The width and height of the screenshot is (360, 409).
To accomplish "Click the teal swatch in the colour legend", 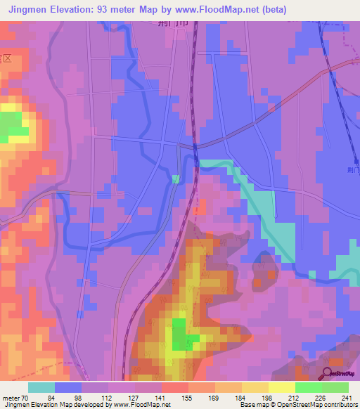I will pyautogui.click(x=41, y=388).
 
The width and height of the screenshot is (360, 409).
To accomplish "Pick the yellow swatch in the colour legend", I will pyautogui.click(x=281, y=388).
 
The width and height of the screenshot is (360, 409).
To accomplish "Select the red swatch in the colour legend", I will pyautogui.click(x=174, y=388).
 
